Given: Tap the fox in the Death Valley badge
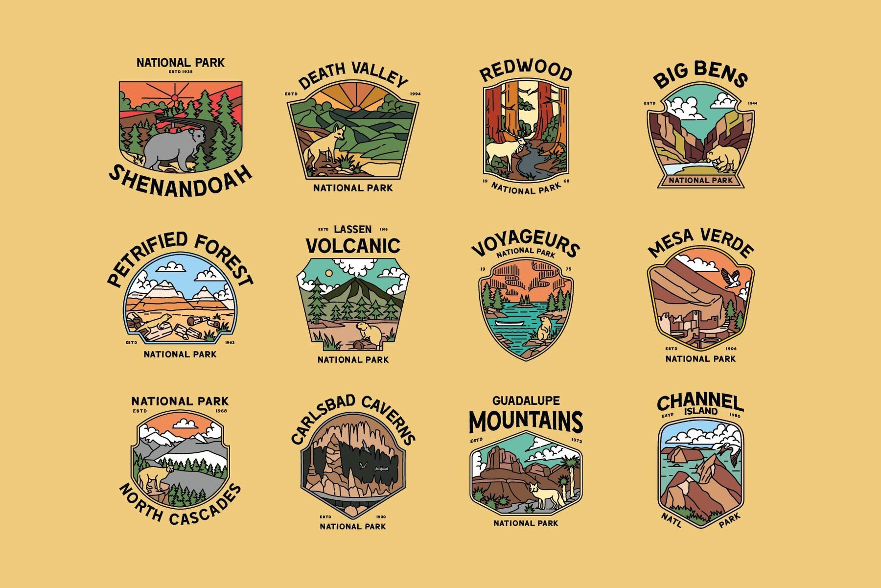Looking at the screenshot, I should [x=325, y=144].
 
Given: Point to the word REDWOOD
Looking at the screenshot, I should [x=526, y=71].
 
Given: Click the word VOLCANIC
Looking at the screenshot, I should [x=353, y=246].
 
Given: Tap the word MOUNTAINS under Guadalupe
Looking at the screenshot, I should [x=526, y=422].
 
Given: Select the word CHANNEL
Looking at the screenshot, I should [x=700, y=402].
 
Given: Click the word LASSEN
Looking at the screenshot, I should [x=352, y=229].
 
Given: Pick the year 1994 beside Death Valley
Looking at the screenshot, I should [x=415, y=94].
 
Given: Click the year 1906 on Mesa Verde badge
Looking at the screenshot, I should [x=731, y=349].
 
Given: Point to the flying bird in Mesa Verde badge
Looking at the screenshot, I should [x=731, y=278].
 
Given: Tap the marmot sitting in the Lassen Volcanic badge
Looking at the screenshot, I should [x=369, y=334].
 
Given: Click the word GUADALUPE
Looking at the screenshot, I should [x=526, y=400].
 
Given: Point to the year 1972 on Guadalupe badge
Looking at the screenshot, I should [x=577, y=440].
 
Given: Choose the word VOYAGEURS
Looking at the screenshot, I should [x=526, y=242].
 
